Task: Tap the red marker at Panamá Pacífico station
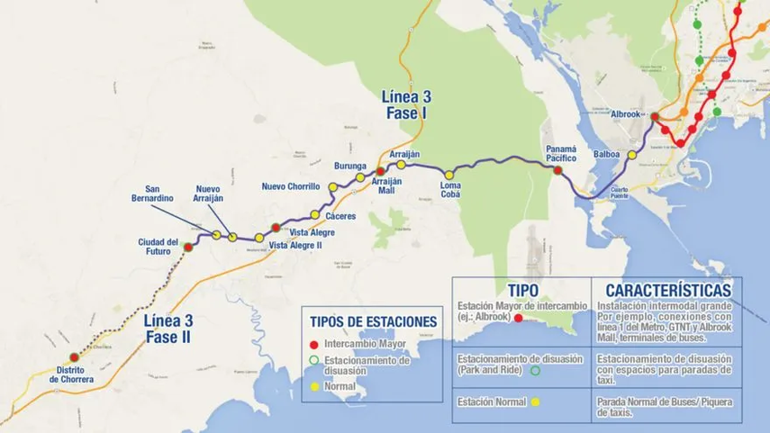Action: click(x=558, y=169)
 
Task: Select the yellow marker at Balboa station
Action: click(x=632, y=155)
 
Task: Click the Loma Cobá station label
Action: click(x=450, y=190)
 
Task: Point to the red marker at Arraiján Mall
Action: click(x=381, y=171)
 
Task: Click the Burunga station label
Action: click(x=350, y=167)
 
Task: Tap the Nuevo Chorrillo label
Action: click(x=291, y=186)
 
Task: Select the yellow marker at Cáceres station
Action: click(x=315, y=215)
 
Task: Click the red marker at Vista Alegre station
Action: click(x=276, y=228)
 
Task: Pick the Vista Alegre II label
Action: click(x=295, y=245)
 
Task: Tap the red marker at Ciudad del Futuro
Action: click(x=187, y=247)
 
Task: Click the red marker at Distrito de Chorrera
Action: click(x=74, y=356)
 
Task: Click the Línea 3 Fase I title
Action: click(x=404, y=105)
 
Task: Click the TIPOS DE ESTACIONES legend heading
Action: click(x=373, y=321)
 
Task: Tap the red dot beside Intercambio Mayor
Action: click(x=314, y=344)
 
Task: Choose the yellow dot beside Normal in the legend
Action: click(x=314, y=386)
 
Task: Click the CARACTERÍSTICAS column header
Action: click(x=667, y=291)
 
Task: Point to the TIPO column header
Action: click(x=522, y=291)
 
